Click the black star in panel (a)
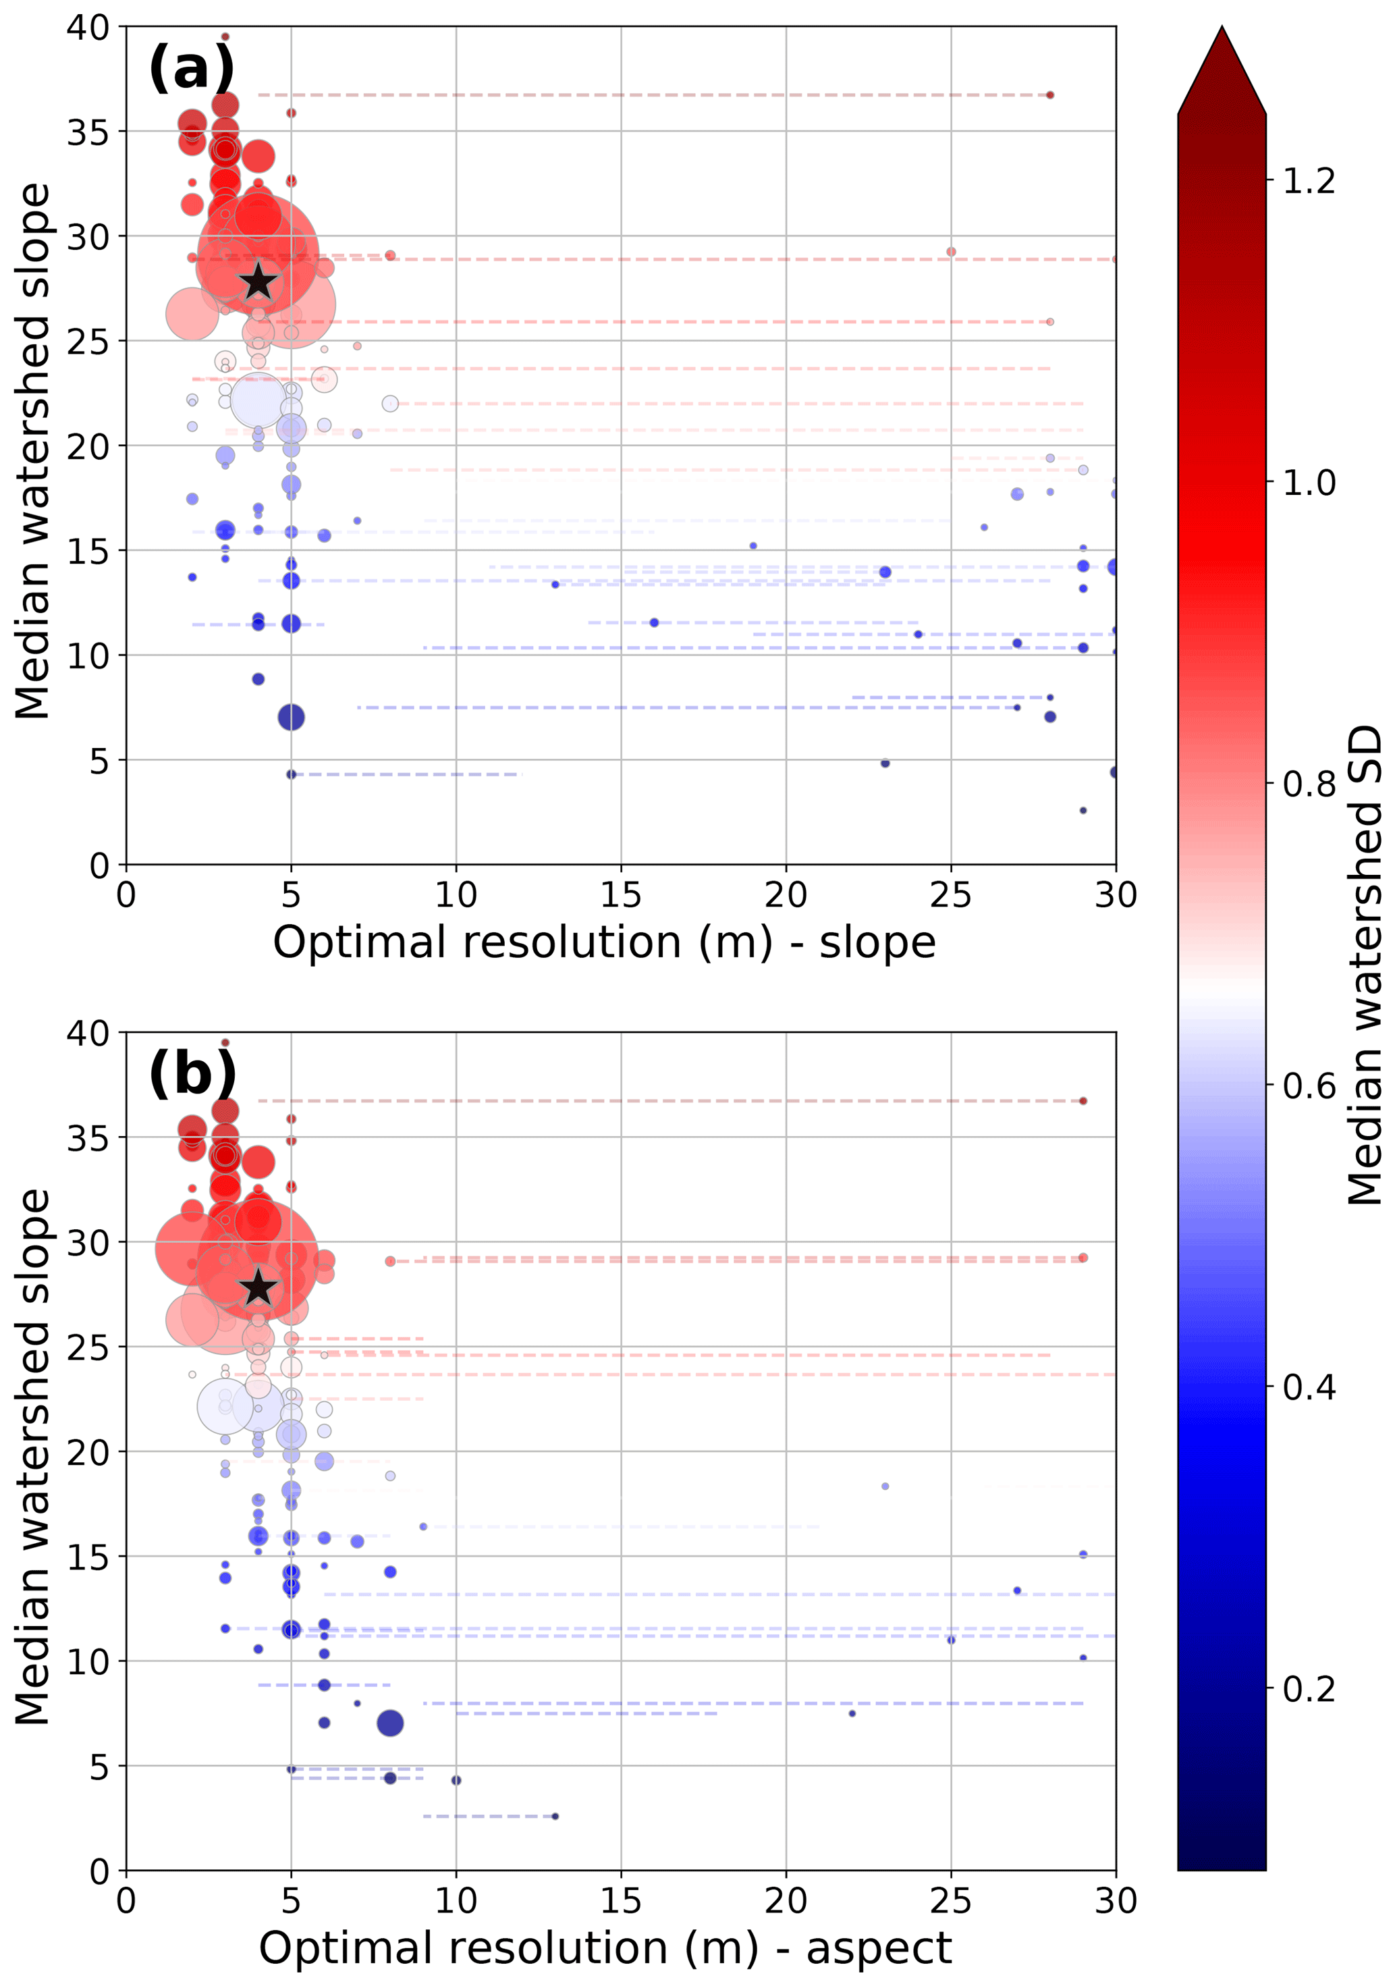pos(258,282)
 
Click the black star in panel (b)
pos(258,1288)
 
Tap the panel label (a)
pos(191,68)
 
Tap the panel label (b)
pos(192,1073)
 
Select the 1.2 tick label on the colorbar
pos(1309,182)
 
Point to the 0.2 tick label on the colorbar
pos(1309,1688)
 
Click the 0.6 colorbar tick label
pos(1309,1085)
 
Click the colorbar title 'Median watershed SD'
pos(1365,965)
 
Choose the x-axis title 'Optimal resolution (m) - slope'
pos(603,942)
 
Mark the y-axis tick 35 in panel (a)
pos(88,132)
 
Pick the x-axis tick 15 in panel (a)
pos(620,894)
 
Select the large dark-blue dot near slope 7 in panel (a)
pos(292,717)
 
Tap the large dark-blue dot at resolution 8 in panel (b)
pos(390,1723)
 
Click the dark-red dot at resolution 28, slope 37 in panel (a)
pos(1050,95)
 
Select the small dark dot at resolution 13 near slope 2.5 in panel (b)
pos(555,1817)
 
